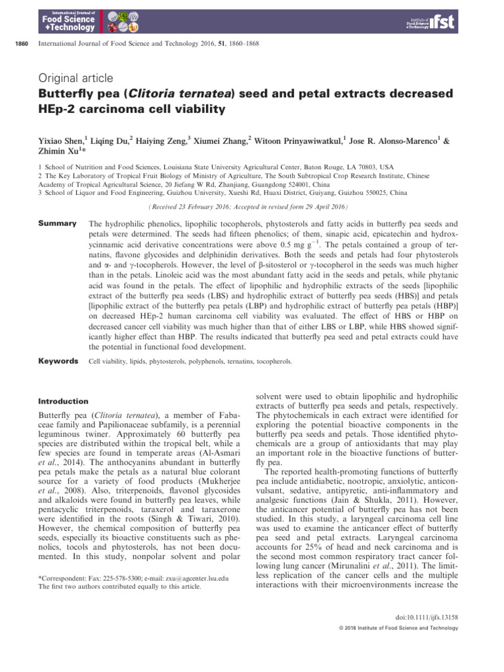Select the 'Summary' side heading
point(58,224)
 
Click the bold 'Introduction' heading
point(62,401)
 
